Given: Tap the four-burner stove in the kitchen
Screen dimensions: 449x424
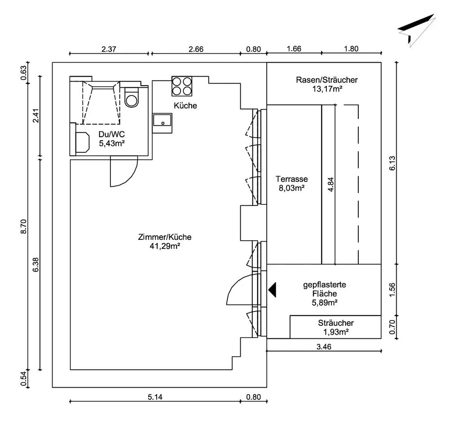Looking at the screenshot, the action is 182,86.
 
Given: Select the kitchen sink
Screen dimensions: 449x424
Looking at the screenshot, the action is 163,120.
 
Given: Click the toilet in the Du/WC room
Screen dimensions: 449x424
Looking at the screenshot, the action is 132,97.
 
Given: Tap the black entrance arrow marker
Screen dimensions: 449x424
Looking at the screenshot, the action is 273,290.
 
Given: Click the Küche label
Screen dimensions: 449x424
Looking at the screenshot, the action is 185,106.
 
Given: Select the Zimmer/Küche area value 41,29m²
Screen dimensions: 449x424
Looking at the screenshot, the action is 165,246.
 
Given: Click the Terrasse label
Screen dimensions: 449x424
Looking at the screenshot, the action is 292,179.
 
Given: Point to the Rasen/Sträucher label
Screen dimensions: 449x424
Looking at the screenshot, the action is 327,80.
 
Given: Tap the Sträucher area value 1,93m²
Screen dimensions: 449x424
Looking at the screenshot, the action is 336,332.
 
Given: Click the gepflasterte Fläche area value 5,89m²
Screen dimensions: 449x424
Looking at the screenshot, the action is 325,303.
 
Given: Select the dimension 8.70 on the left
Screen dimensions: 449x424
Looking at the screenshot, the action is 23,226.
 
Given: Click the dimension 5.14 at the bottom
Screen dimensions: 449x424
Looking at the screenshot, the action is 155,397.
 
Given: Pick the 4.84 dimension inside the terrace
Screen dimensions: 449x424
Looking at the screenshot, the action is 330,185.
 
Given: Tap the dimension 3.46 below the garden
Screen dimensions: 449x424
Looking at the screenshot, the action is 324,347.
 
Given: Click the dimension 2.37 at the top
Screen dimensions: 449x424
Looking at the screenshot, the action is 109,49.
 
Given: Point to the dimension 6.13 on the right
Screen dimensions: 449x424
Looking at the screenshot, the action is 392,163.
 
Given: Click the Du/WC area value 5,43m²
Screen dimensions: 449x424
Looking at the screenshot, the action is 112,143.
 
